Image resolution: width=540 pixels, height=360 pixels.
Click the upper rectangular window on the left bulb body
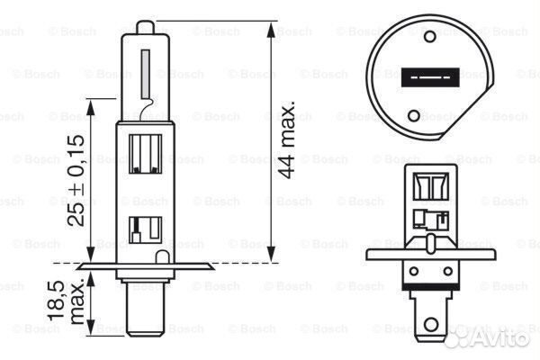(147, 152)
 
